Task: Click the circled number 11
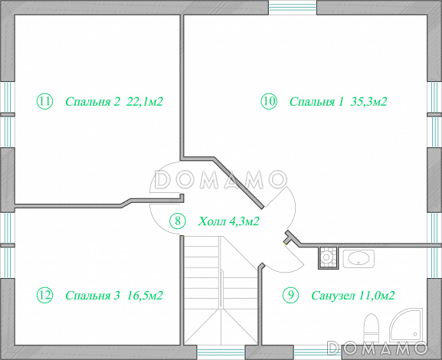(x=45, y=101)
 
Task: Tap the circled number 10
(x=269, y=101)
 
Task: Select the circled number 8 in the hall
(x=178, y=221)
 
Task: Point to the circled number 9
(x=290, y=295)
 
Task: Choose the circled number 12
(x=45, y=295)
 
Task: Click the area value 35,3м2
(x=368, y=101)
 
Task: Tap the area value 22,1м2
(x=145, y=101)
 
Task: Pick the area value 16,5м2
(x=145, y=295)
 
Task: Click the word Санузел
(x=333, y=296)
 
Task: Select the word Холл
(x=212, y=221)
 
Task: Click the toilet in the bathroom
(x=372, y=328)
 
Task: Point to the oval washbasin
(x=359, y=259)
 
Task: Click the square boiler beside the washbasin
(x=328, y=257)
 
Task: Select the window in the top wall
(x=293, y=8)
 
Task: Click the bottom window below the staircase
(x=221, y=352)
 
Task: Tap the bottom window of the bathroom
(x=318, y=352)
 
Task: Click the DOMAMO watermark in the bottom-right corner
(x=377, y=348)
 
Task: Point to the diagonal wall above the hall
(x=239, y=182)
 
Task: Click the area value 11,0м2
(x=377, y=296)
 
